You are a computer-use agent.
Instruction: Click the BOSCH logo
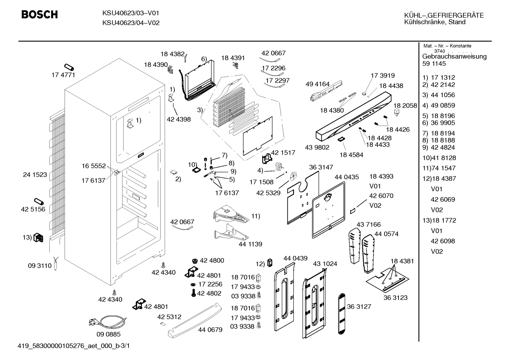pyautogui.click(x=40, y=14)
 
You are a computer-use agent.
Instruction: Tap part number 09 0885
pyautogui.click(x=108, y=334)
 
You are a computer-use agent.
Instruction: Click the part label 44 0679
pyautogui.click(x=210, y=330)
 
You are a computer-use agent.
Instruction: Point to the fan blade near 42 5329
pyautogui.click(x=293, y=176)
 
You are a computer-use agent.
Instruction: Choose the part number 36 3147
pyautogui.click(x=321, y=167)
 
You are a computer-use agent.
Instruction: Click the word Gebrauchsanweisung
pyautogui.click(x=454, y=57)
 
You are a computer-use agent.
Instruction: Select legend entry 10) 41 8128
pyautogui.click(x=439, y=158)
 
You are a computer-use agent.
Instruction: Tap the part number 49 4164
pyautogui.click(x=317, y=84)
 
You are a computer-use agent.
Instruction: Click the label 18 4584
pyautogui.click(x=351, y=155)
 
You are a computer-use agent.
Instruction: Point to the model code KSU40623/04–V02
pyautogui.click(x=131, y=23)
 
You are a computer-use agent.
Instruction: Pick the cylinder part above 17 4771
pyautogui.click(x=69, y=67)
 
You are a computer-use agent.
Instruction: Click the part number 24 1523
pyautogui.click(x=35, y=175)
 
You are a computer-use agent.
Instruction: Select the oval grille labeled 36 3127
pyautogui.click(x=341, y=314)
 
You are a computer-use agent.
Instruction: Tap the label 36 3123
pyautogui.click(x=395, y=297)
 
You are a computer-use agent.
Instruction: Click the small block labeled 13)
pyautogui.click(x=38, y=238)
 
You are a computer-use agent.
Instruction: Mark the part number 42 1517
pyautogui.click(x=283, y=152)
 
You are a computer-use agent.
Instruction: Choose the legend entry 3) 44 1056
pyautogui.click(x=438, y=95)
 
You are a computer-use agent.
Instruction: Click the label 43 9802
pyautogui.click(x=317, y=147)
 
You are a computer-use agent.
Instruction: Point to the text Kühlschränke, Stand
pyautogui.click(x=435, y=22)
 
